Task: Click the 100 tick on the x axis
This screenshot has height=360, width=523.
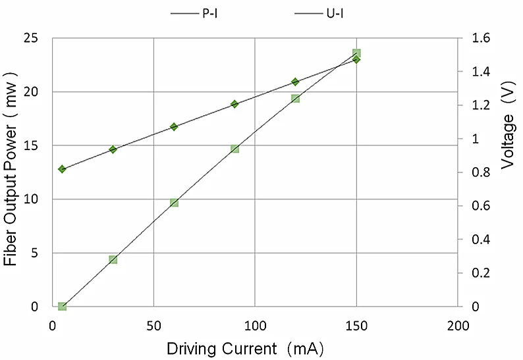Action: click(255, 324)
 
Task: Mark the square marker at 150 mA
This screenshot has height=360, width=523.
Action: click(356, 53)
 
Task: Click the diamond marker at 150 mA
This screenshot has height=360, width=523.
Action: click(356, 60)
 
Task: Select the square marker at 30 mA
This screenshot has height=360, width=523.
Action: click(113, 260)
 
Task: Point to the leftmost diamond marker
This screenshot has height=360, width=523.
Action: click(63, 169)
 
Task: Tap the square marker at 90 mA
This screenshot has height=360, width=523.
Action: click(234, 149)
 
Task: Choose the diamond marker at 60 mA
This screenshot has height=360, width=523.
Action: click(174, 126)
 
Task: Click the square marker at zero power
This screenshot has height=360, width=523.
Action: click(63, 307)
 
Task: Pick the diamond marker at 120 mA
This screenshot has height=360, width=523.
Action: click(295, 82)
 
